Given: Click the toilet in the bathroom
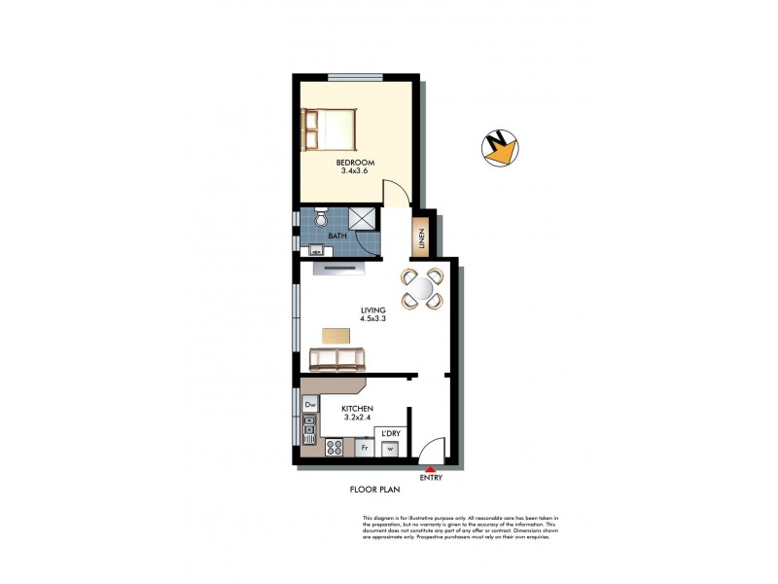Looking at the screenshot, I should (322, 221).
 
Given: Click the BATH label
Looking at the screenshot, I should (337, 237).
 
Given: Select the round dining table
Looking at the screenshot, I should (423, 288).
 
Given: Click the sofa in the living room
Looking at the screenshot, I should (336, 359).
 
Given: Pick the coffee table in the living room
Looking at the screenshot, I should (336, 335).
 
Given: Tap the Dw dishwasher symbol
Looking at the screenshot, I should (311, 403).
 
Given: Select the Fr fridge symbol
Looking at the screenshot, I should (364, 449).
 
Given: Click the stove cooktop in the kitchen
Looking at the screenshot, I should (333, 449).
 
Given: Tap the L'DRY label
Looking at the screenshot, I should (390, 433).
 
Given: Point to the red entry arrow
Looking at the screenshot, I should (430, 469).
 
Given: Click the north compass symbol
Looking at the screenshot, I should (501, 148).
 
